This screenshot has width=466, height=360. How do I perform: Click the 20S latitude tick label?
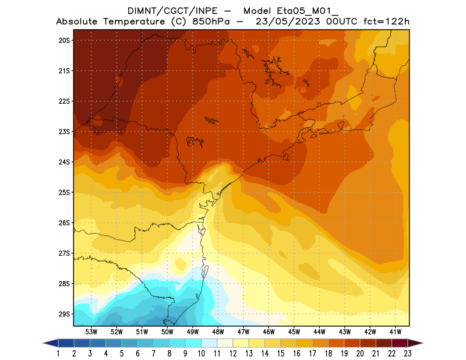[x=64, y=40]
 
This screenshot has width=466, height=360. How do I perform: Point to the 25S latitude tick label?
[x=64, y=192]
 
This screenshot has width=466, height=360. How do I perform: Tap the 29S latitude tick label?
[x=64, y=314]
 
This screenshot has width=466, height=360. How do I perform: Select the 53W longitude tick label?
[x=91, y=331]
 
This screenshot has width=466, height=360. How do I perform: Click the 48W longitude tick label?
[x=218, y=331]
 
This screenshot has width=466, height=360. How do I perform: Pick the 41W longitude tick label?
[x=396, y=331]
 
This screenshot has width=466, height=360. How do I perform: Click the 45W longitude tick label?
[x=294, y=331]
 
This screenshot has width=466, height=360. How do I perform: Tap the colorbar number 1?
[x=59, y=354]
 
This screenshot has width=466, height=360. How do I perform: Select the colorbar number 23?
[x=407, y=354]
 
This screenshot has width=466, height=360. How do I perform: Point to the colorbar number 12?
[x=233, y=354]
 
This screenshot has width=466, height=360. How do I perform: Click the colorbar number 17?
[x=312, y=354]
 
